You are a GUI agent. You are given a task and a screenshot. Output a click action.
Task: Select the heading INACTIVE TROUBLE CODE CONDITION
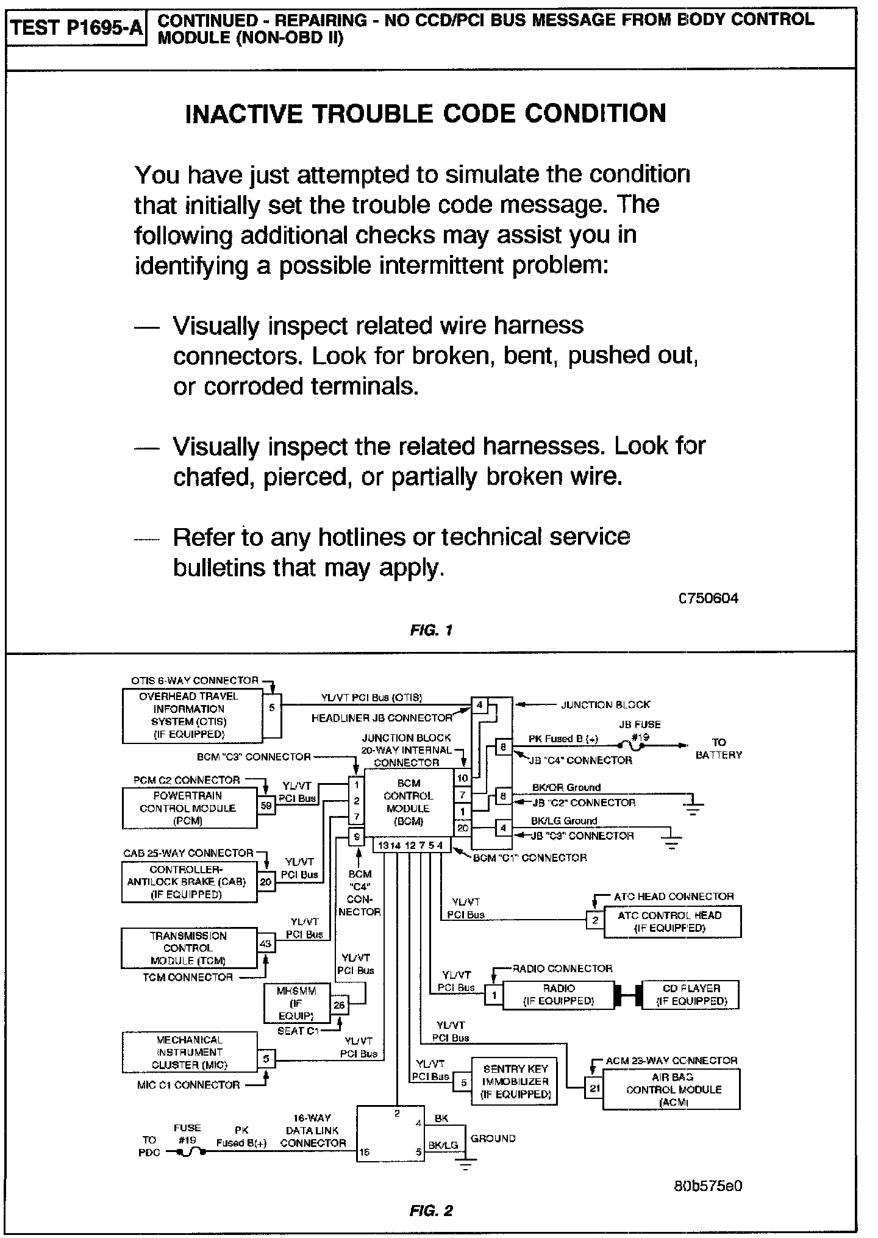425,114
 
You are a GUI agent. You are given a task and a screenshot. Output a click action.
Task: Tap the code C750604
708,598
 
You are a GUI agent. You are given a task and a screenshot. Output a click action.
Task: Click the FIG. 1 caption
430,630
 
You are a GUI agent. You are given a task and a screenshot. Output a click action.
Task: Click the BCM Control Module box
409,802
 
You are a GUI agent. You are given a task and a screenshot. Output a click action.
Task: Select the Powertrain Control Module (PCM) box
189,808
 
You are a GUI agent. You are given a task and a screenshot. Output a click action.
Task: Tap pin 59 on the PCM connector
266,805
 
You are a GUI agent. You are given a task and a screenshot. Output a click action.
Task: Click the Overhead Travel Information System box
192,715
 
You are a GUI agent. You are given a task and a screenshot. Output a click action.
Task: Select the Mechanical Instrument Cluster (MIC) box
189,1052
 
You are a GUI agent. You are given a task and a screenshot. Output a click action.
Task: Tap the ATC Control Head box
672,921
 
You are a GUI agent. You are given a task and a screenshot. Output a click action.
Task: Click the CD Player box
691,995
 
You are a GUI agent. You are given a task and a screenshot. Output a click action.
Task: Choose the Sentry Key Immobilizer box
515,1081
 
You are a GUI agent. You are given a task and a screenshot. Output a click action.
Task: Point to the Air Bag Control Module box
671,1090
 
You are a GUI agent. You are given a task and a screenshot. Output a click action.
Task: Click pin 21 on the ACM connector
593,1088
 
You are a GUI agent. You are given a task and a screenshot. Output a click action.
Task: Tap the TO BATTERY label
719,748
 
